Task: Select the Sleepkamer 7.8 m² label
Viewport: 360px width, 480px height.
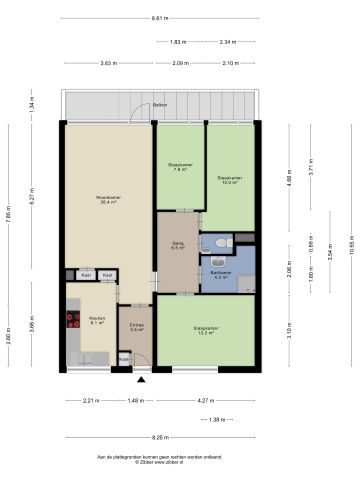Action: click(x=179, y=168)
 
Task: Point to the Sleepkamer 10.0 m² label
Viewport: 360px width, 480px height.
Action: click(x=229, y=181)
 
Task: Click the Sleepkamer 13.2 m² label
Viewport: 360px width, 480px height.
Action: click(x=205, y=330)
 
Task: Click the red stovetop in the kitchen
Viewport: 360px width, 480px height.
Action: click(x=73, y=320)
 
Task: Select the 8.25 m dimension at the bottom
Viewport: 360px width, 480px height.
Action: click(x=160, y=437)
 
